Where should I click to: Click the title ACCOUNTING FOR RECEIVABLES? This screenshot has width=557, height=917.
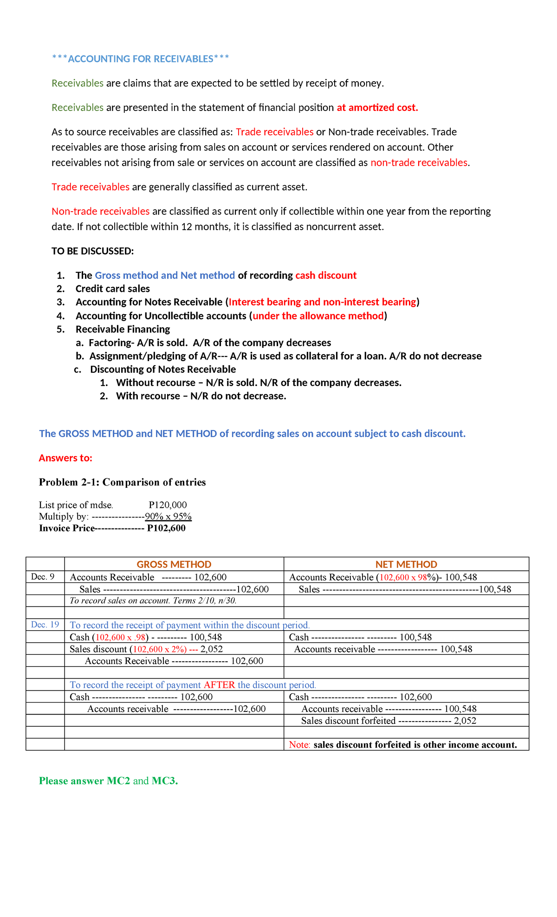click(140, 59)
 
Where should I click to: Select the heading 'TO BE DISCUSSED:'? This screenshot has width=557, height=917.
click(92, 251)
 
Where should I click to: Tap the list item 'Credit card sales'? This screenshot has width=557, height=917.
click(112, 289)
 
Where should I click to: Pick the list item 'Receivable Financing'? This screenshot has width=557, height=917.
click(123, 329)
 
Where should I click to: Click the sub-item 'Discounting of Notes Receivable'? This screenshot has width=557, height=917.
click(162, 369)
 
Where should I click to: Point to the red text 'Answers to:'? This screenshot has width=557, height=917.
click(65, 458)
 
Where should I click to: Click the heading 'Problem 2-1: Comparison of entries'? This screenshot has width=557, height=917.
click(122, 482)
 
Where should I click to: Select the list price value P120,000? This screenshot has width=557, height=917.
click(168, 505)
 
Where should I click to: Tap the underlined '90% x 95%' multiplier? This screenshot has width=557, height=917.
click(168, 517)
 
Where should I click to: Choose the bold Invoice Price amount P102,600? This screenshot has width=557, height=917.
click(166, 528)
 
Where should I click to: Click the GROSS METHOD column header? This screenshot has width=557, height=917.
click(174, 564)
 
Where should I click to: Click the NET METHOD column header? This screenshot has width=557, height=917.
click(406, 564)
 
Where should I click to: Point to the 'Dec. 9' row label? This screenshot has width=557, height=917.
click(43, 577)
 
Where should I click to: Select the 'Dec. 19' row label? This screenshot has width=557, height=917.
click(45, 625)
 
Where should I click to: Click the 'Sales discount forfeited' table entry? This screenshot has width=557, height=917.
click(348, 721)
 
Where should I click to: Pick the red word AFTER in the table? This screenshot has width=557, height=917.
click(219, 685)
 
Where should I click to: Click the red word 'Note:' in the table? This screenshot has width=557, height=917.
click(299, 745)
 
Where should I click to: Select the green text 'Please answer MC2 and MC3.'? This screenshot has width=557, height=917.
click(108, 781)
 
